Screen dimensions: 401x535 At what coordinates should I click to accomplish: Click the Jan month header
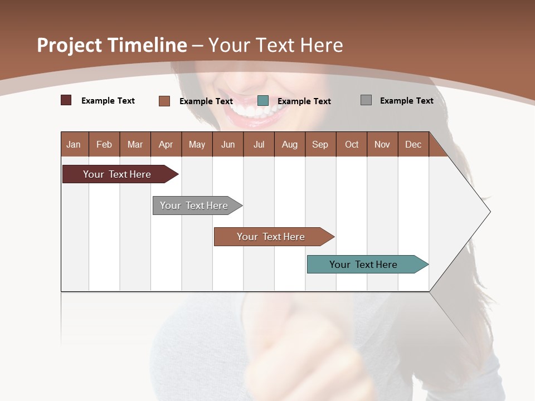click(x=74, y=144)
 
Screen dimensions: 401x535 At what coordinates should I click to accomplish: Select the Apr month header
click(x=166, y=144)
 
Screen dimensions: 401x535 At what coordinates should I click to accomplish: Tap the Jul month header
click(x=259, y=144)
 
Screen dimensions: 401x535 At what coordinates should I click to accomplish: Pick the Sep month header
click(x=320, y=144)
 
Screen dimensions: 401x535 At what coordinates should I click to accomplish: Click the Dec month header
click(x=413, y=144)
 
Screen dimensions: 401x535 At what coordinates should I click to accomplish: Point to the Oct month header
click(x=351, y=144)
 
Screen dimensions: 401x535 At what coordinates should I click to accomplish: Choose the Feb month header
click(x=104, y=144)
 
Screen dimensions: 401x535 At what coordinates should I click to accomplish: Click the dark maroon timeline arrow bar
click(x=118, y=174)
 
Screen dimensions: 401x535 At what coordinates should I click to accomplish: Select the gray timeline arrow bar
click(x=194, y=206)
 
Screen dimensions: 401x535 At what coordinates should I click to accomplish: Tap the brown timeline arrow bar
click(x=271, y=237)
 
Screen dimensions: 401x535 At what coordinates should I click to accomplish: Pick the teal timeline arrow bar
click(x=364, y=265)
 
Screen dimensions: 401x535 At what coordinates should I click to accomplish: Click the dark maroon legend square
click(x=66, y=100)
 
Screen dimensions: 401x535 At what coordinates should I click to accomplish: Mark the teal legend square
click(x=263, y=100)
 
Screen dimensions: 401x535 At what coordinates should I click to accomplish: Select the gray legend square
click(x=366, y=100)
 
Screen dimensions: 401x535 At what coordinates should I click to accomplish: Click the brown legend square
click(x=164, y=101)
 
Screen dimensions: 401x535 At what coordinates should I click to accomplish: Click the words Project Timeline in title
click(x=111, y=45)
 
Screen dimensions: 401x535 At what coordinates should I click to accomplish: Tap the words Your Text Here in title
click(x=275, y=45)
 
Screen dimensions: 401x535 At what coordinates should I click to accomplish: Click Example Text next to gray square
click(x=406, y=100)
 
